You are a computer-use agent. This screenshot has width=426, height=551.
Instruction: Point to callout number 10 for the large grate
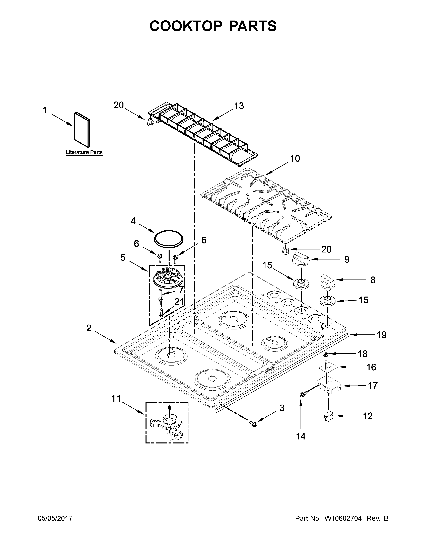click(x=295, y=158)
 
